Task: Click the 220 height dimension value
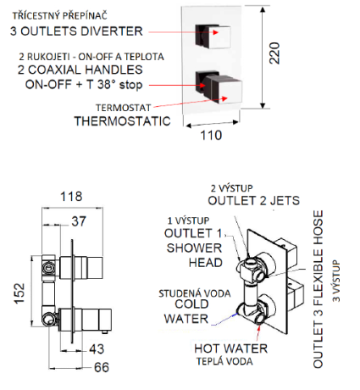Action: tap(274, 53)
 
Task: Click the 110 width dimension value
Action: tap(211, 136)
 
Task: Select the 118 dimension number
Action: tap(71, 197)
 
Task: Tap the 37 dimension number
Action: tap(79, 221)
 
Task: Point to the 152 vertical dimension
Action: tap(19, 293)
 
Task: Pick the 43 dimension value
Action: tap(97, 349)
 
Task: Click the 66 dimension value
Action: tap(102, 367)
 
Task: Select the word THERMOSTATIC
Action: tap(123, 121)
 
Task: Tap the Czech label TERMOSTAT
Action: tap(124, 108)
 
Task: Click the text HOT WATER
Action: tap(231, 348)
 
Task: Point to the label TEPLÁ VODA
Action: tap(224, 361)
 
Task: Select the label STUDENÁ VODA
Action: tap(195, 293)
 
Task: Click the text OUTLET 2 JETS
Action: tap(254, 201)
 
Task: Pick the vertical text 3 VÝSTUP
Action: tap(336, 281)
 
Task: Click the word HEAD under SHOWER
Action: tap(206, 263)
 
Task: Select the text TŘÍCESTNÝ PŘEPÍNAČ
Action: tap(60, 15)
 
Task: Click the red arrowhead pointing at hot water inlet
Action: tap(258, 328)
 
